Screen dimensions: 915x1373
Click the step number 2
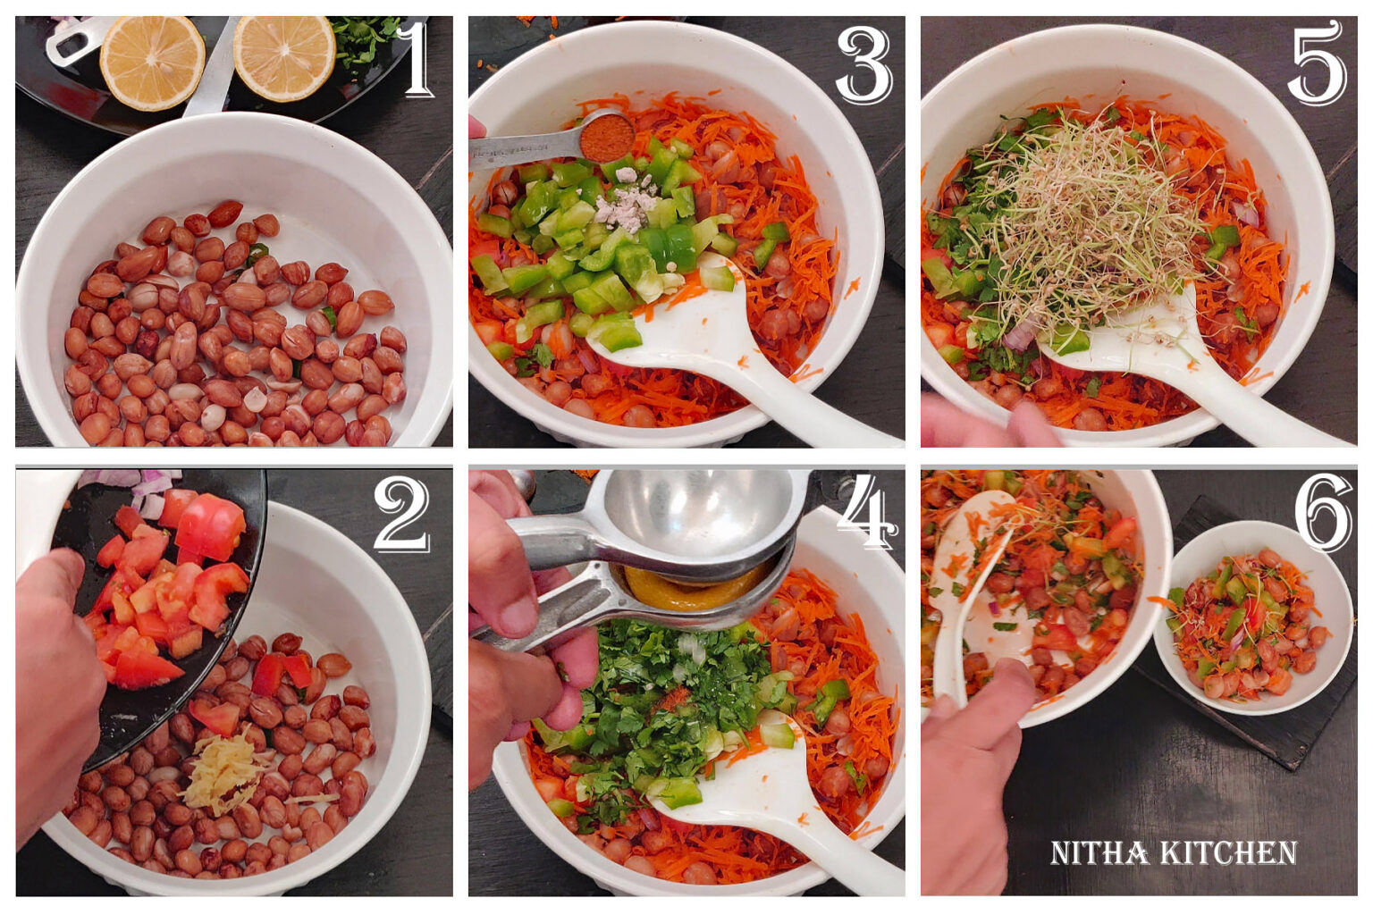(x=401, y=513)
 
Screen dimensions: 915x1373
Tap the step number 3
(x=863, y=66)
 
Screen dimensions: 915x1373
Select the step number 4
(x=865, y=511)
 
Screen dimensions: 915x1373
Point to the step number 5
(x=1317, y=63)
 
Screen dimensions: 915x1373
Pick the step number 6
(x=1323, y=513)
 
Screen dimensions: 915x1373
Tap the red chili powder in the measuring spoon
(x=606, y=139)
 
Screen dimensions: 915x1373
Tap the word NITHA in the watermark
(x=1099, y=852)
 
